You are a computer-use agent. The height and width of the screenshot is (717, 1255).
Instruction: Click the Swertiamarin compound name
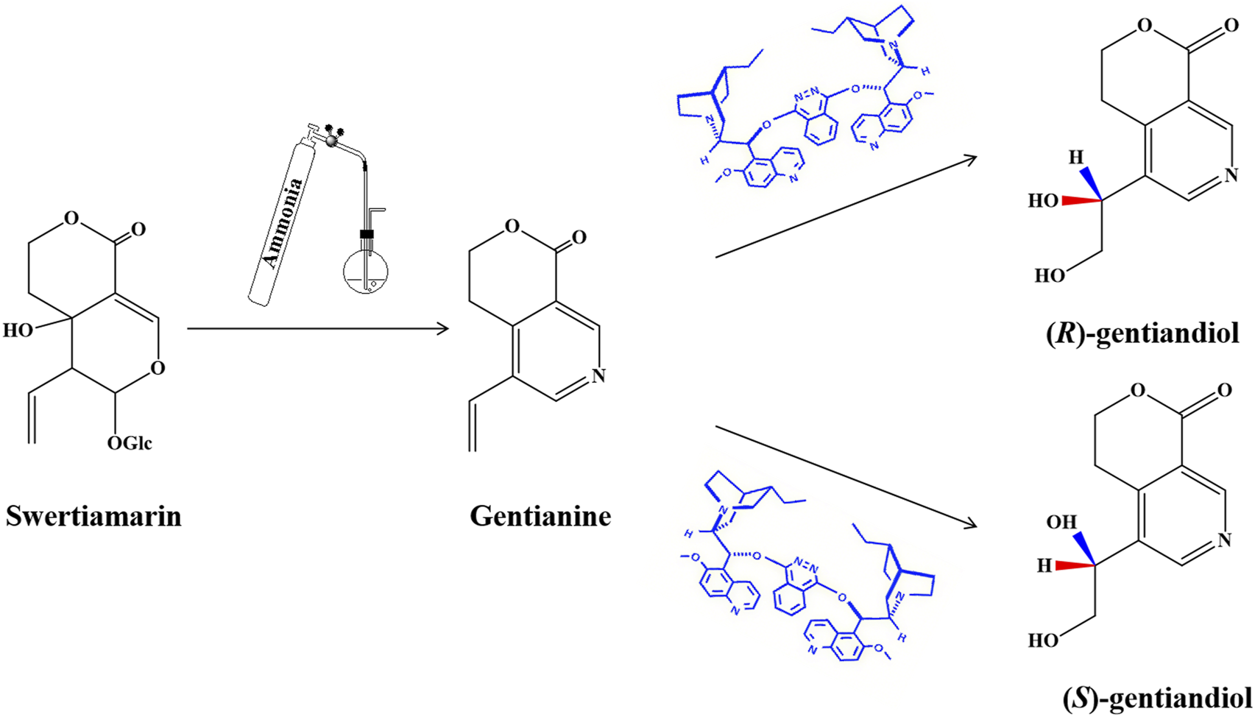(x=93, y=516)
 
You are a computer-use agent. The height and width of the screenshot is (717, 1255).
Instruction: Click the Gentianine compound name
(x=540, y=516)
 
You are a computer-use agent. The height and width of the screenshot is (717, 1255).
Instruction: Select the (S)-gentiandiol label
(x=1157, y=696)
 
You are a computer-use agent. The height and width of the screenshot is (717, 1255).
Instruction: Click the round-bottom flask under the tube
(x=366, y=272)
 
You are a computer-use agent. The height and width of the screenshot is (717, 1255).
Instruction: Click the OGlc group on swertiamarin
(x=130, y=443)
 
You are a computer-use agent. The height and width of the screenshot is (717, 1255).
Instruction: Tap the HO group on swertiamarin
(x=18, y=331)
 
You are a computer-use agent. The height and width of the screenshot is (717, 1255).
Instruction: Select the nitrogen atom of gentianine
(x=598, y=375)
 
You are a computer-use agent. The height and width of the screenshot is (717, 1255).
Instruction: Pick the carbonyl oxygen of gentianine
(x=579, y=237)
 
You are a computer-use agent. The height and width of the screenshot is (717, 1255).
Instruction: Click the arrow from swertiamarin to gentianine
(x=318, y=328)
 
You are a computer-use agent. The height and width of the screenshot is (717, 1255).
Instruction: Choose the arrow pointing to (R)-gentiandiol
(x=846, y=207)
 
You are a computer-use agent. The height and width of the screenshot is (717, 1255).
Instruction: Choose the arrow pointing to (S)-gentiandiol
(x=846, y=476)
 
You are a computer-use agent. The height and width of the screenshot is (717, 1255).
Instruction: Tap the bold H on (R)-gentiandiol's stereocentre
(x=1076, y=157)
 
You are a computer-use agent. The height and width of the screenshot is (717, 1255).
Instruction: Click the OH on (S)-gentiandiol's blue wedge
(x=1061, y=522)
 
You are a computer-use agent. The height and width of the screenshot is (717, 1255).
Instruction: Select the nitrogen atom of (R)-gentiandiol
(x=1230, y=175)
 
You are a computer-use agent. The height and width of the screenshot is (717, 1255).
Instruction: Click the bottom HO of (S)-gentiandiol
(x=1043, y=640)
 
